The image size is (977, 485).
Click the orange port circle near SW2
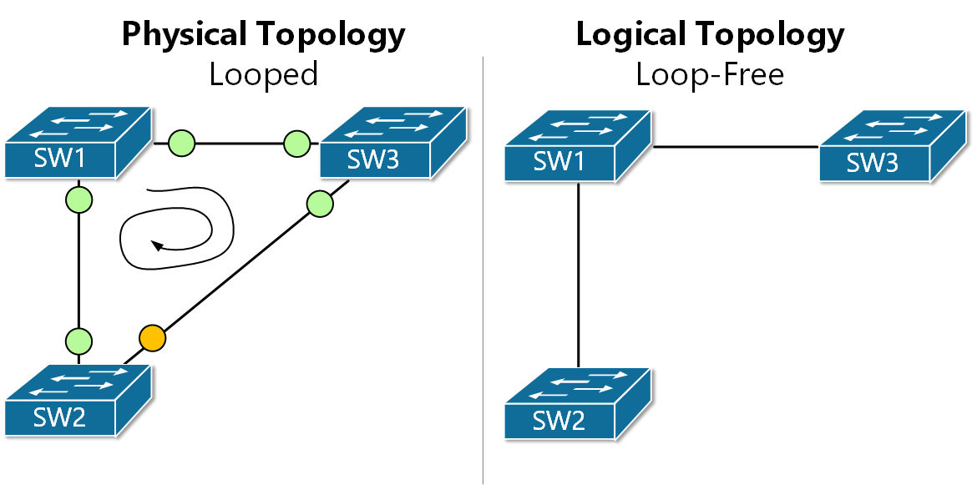[152, 338]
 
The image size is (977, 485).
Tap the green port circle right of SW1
[181, 143]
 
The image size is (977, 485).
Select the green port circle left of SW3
[296, 143]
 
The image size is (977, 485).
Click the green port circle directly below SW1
[78, 200]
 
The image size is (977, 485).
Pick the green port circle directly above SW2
[78, 341]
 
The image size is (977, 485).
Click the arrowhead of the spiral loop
[155, 245]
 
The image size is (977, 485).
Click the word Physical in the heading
[185, 34]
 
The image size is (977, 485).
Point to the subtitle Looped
[263, 74]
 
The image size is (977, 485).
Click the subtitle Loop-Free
[710, 74]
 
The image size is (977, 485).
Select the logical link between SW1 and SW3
[735, 147]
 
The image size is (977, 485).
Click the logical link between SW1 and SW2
[579, 275]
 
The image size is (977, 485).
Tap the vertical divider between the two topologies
[483, 267]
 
